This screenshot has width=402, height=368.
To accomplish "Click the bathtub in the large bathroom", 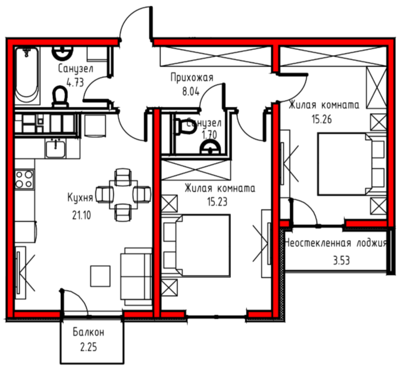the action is (x=27, y=76).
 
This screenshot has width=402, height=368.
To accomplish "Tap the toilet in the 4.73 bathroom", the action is (x=60, y=96).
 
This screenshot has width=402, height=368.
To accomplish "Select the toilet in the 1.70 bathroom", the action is (x=184, y=127).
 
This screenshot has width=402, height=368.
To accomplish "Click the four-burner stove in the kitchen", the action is (x=24, y=179).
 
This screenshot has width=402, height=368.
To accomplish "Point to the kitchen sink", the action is (x=55, y=149).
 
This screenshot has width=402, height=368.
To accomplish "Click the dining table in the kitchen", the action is (x=123, y=195).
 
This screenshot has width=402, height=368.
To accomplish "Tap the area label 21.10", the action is (x=82, y=215).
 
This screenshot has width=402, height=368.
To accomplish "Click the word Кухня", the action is (x=80, y=198).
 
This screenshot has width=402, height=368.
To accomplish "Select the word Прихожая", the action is (x=192, y=78).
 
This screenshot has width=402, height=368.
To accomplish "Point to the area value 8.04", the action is (x=191, y=91).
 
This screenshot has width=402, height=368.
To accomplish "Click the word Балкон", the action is (x=88, y=332).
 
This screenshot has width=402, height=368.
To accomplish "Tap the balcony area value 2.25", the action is (x=88, y=347).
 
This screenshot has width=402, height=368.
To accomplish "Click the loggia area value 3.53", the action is (x=341, y=261).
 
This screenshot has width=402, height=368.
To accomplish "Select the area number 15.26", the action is (x=322, y=119).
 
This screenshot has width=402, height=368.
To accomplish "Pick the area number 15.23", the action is (x=218, y=202).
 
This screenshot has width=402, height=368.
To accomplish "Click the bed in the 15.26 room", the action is (x=352, y=164).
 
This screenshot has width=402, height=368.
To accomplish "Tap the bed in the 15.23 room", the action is (x=196, y=246).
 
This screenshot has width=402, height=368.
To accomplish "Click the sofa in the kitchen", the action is (x=136, y=276).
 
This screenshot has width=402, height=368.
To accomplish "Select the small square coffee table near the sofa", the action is (x=100, y=276).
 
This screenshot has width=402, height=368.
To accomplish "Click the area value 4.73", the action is (x=75, y=83).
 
